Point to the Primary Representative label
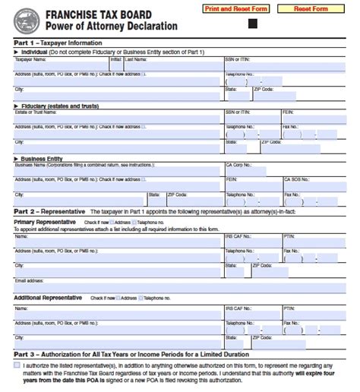[45, 221]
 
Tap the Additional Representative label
[48, 298]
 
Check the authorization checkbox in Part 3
[17, 365]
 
